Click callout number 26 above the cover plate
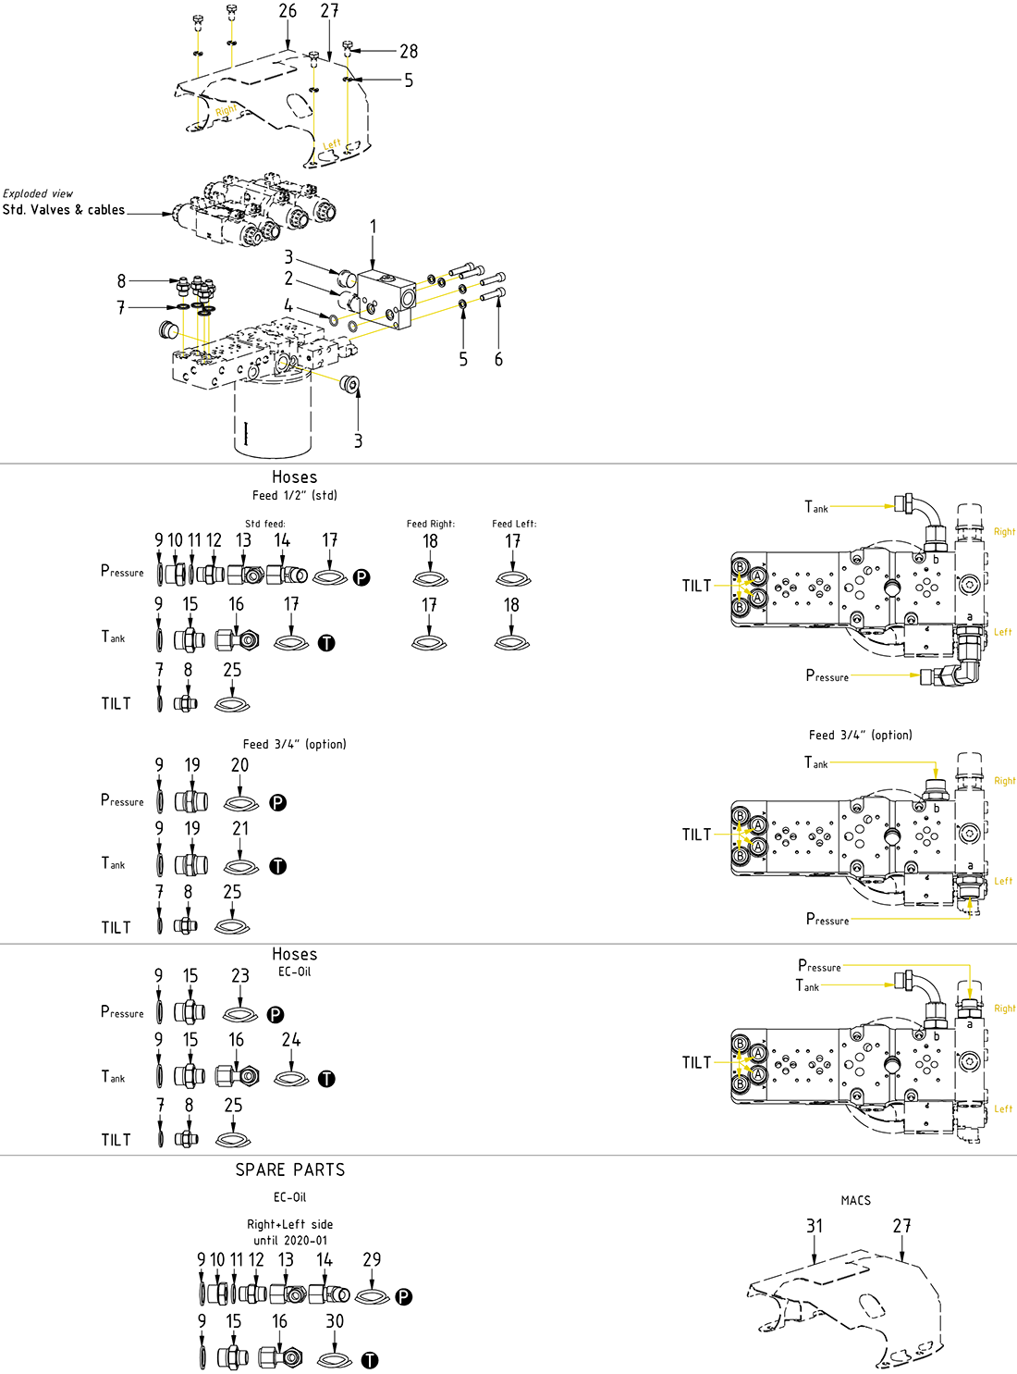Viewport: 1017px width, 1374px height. (288, 11)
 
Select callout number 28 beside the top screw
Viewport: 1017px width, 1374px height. (409, 52)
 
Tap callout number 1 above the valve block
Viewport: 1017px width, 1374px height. (374, 227)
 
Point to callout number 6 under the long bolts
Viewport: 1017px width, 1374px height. (498, 359)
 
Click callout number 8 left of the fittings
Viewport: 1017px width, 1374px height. (121, 280)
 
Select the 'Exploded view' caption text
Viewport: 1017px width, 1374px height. (38, 193)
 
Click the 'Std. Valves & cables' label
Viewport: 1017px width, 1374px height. (64, 210)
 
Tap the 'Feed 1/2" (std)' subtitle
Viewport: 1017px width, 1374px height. (294, 495)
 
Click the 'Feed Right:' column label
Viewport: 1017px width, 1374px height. (430, 524)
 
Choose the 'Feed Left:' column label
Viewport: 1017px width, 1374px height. (514, 524)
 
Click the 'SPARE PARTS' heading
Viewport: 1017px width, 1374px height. (289, 1170)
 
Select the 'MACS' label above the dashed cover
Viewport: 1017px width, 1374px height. (855, 1200)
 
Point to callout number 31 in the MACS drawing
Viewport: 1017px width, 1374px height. (815, 1226)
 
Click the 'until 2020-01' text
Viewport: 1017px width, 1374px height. (290, 1240)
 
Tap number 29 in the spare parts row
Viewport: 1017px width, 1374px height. (372, 1259)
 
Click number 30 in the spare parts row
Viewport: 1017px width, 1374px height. (335, 1321)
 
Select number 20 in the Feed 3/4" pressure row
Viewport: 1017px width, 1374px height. (239, 765)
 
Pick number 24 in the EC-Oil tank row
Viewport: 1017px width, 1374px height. (291, 1040)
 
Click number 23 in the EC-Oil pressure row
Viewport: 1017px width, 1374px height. (240, 976)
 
